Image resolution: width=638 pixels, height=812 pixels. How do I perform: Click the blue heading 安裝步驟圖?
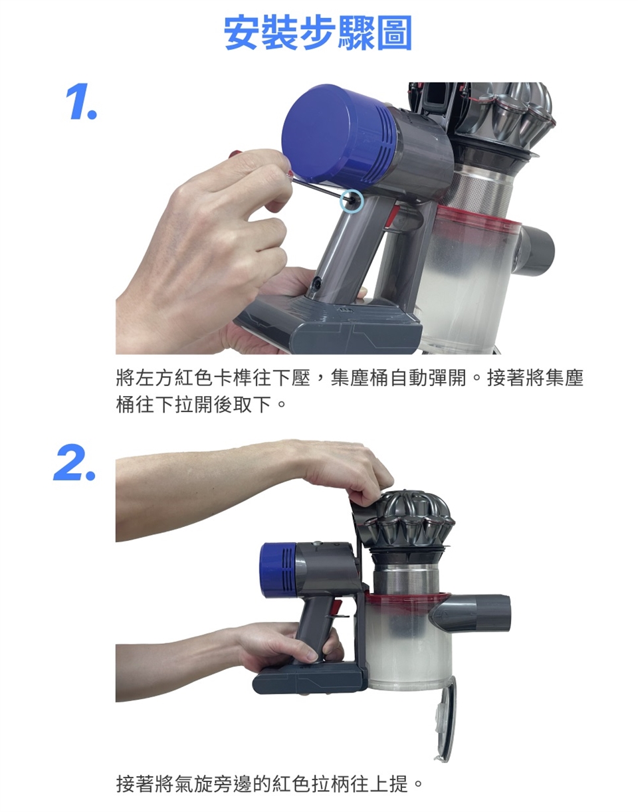(318, 33)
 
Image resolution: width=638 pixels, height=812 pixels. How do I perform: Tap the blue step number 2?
(74, 462)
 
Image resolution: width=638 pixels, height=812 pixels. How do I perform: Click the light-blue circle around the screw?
(352, 201)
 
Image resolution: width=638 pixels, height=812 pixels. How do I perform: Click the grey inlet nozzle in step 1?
(535, 249)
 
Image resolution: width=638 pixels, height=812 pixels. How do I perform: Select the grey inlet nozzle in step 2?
(472, 613)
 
